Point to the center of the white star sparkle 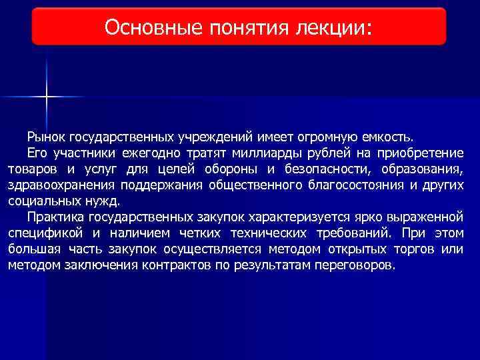tap(47, 97)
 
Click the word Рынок tap(45, 137)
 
